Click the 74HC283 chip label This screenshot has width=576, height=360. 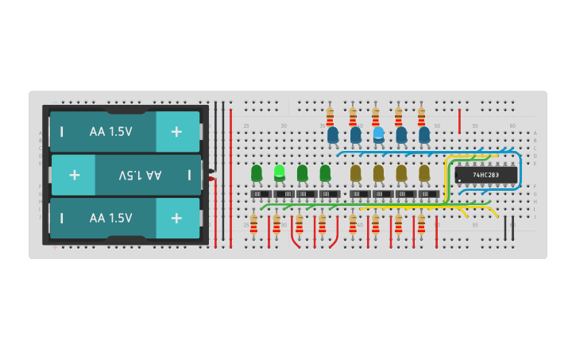click(x=485, y=175)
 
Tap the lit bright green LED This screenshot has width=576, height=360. click(x=279, y=172)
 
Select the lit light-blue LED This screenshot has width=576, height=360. click(x=378, y=134)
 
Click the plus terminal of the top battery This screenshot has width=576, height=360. click(x=176, y=131)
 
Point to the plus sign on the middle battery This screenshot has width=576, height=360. click(x=74, y=175)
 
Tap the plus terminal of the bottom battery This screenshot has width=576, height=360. click(x=176, y=218)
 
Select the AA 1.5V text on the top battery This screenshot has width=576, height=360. click(x=111, y=131)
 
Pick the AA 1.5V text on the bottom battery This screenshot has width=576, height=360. click(x=111, y=218)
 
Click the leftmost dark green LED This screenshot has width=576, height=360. click(x=256, y=172)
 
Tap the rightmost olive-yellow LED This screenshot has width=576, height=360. click(x=424, y=172)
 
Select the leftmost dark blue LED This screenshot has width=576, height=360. click(x=333, y=135)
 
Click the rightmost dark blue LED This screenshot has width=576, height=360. click(x=424, y=135)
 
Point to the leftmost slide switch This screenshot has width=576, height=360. click(x=261, y=194)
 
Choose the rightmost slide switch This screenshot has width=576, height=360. click(x=429, y=194)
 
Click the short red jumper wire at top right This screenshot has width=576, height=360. click(x=459, y=121)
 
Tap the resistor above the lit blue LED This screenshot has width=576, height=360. click(x=375, y=117)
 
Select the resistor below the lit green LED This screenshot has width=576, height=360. click(x=276, y=225)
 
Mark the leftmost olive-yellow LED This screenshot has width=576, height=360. click(x=355, y=172)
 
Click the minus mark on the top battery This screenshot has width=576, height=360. click(x=62, y=131)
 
